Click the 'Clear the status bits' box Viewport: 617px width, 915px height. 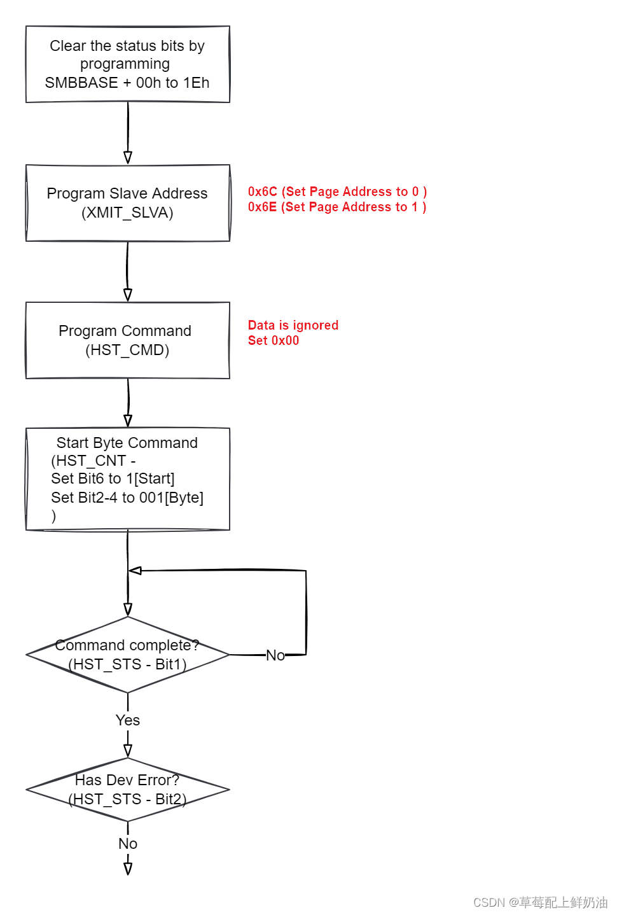[127, 64]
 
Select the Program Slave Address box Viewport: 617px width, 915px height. [127, 203]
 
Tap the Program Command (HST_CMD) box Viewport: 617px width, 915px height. [127, 340]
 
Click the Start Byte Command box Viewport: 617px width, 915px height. [127, 478]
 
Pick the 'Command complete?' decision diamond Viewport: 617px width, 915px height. [127, 655]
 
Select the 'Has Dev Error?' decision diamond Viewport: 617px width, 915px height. [127, 790]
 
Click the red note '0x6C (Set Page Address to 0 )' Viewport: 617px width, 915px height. [337, 192]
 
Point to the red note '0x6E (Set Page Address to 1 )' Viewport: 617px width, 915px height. [337, 207]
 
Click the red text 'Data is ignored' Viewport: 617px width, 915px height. [293, 325]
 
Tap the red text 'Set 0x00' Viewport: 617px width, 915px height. [274, 340]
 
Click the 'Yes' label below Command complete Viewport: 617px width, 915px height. [128, 720]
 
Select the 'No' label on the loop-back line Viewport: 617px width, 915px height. [275, 655]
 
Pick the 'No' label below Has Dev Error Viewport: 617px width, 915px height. [128, 844]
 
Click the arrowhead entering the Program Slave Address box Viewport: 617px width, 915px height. [128, 157]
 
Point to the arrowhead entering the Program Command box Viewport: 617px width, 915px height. [128, 295]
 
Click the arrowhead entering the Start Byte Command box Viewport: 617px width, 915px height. [128, 421]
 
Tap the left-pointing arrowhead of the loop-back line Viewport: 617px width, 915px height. [135, 571]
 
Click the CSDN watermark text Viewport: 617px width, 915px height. [540, 902]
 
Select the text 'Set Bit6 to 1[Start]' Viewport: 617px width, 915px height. [113, 478]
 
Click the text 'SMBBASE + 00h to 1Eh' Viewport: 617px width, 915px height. [127, 83]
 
